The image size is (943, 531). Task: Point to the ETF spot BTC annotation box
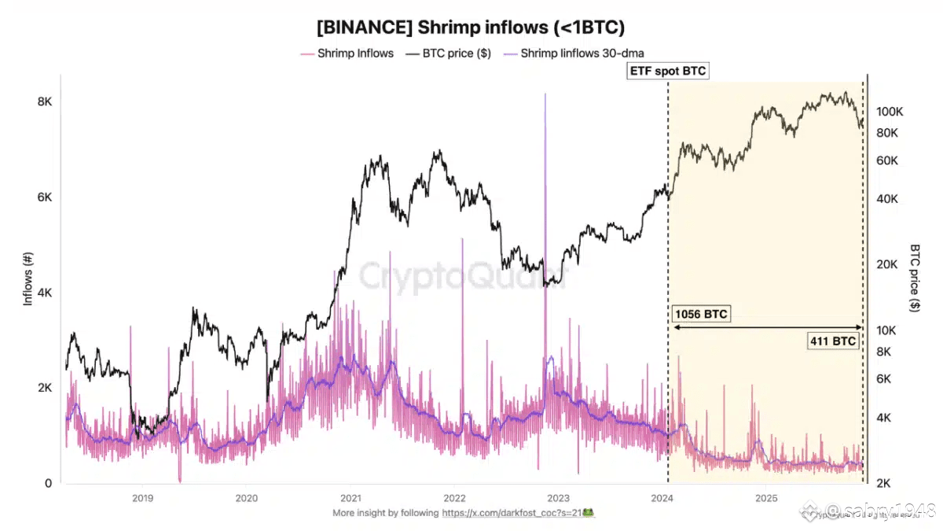(668, 72)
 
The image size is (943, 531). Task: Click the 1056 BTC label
(701, 315)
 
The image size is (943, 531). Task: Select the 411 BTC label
(833, 341)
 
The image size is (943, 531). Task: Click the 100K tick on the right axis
(890, 112)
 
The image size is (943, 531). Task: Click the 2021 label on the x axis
(350, 498)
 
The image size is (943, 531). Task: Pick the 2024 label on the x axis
(662, 498)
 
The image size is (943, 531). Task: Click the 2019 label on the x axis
(142, 498)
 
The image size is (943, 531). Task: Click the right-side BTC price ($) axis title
(915, 279)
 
